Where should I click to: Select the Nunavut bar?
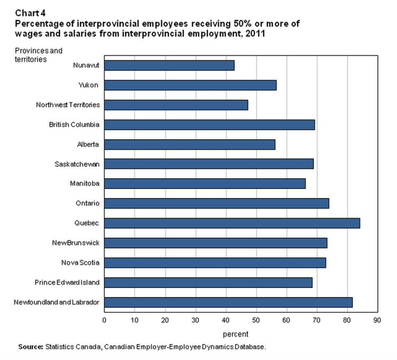tap(169, 66)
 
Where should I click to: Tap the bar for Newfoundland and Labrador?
tap(228, 302)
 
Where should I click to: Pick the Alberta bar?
tap(190, 145)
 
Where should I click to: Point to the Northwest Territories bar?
tap(176, 105)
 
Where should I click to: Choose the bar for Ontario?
tap(216, 203)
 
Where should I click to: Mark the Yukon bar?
tap(190, 85)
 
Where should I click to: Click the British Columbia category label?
tap(75, 125)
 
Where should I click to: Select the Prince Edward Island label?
tap(67, 283)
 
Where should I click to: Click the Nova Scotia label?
tap(81, 263)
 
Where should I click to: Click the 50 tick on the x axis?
tap(256, 320)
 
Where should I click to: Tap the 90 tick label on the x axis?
tap(377, 320)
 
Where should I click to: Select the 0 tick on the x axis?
tap(104, 320)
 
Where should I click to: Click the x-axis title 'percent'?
tap(235, 334)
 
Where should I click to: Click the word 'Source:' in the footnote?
tap(30, 347)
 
